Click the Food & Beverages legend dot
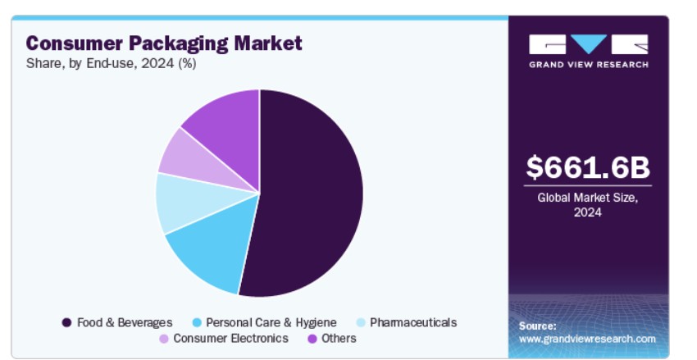click(x=66, y=322)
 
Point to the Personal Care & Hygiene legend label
click(x=271, y=322)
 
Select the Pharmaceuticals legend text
click(x=413, y=322)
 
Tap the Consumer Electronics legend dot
click(x=164, y=339)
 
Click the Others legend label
click(x=339, y=338)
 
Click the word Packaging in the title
click(x=178, y=44)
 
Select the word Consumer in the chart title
click(x=75, y=43)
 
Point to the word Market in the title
click(x=268, y=43)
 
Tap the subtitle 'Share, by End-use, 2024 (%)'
click(x=112, y=64)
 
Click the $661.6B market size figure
click(x=588, y=167)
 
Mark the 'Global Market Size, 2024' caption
click(x=588, y=205)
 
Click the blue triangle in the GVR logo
click(x=589, y=44)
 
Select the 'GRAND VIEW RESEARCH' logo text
click(x=589, y=65)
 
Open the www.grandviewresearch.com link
click(x=587, y=339)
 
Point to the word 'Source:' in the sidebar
click(x=537, y=326)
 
